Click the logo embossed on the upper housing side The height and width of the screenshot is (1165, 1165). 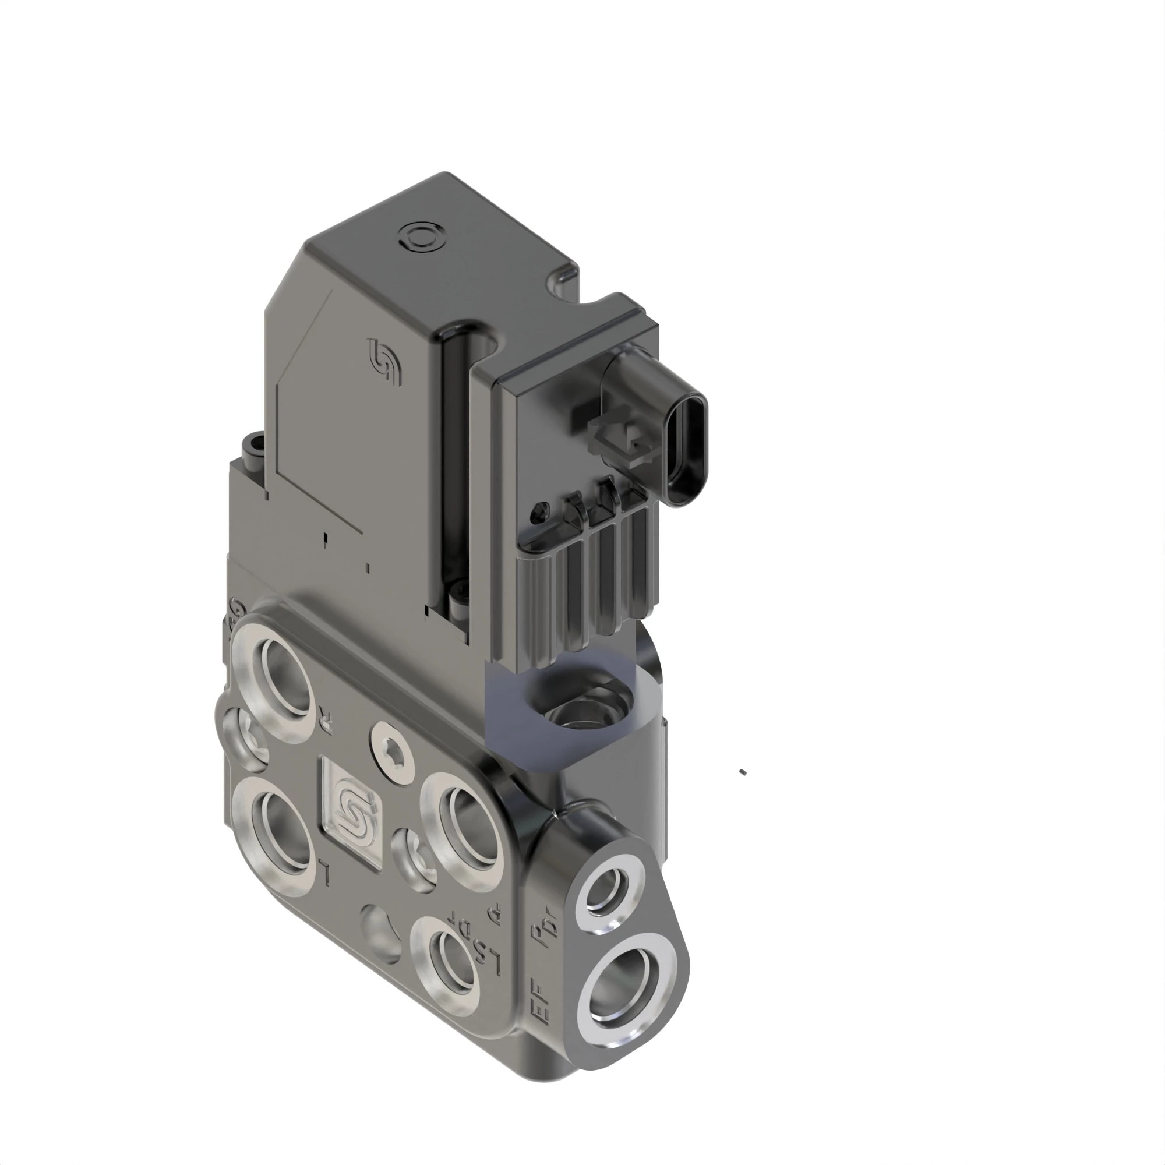384,362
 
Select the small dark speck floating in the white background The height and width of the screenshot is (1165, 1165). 743,772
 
